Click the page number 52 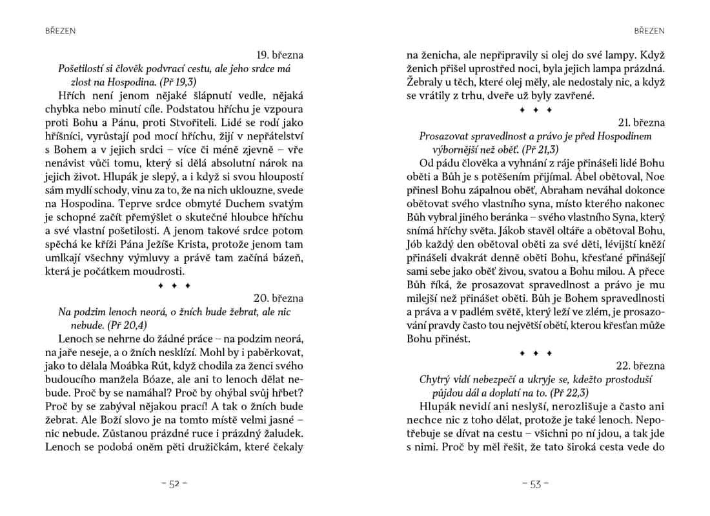174,484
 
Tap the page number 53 536,484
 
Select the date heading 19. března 280,55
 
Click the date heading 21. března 641,123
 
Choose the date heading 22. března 641,366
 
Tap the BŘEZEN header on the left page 60,30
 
